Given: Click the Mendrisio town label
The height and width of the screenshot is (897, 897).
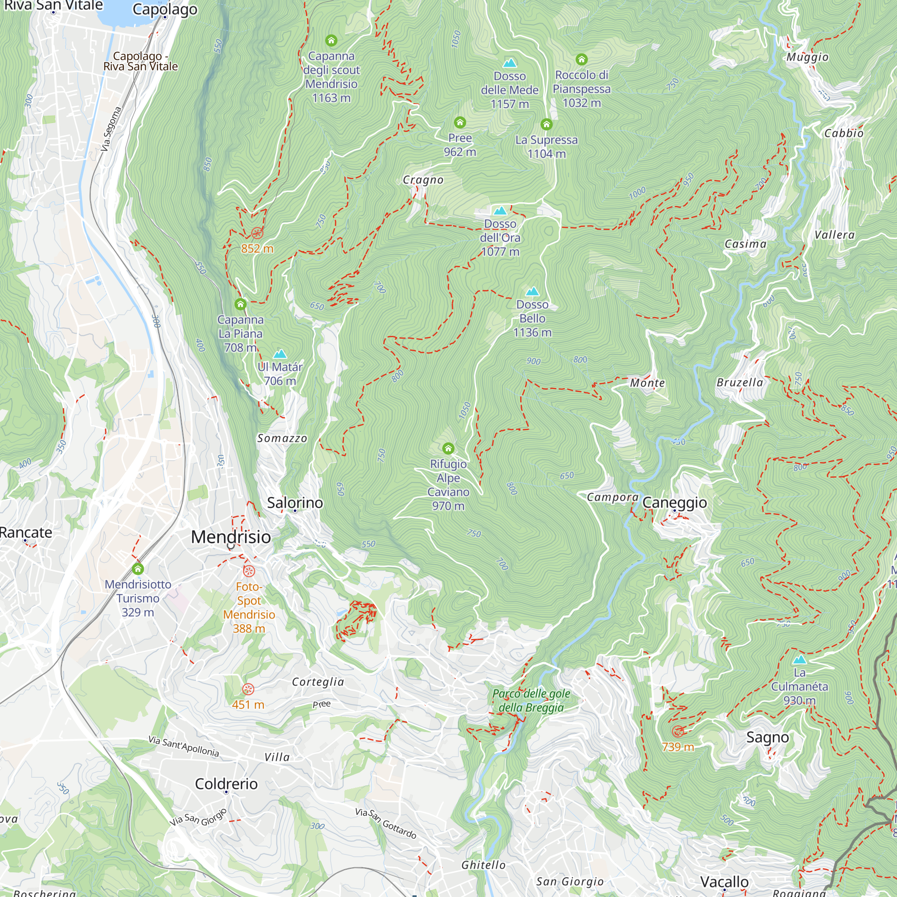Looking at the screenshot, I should tap(231, 537).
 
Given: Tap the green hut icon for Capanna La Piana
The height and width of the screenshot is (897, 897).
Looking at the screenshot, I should tap(240, 305).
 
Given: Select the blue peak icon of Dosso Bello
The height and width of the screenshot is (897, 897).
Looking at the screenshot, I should tap(532, 292).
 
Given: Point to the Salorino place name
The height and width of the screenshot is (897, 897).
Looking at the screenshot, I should tap(295, 503).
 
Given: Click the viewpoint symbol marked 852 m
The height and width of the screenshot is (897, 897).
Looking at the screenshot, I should tap(257, 233).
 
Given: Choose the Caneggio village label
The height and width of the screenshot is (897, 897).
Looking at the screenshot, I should tap(675, 503).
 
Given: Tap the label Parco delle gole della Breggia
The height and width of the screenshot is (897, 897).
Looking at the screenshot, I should tap(531, 701).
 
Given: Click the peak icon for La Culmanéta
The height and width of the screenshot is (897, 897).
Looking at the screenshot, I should tap(800, 660).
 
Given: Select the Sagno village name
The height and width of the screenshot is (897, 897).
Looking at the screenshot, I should tap(767, 737).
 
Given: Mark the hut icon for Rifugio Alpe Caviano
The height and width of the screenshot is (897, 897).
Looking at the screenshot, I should tap(448, 448).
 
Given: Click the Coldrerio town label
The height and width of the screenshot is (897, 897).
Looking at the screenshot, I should tap(226, 784).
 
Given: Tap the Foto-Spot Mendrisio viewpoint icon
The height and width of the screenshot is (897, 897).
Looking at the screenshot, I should tap(249, 571).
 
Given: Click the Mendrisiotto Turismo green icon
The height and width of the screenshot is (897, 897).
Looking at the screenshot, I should tap(137, 569).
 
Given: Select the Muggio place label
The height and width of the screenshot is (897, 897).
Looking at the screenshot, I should tap(807, 57).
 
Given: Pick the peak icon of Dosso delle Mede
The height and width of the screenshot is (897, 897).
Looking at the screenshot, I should tap(510, 63).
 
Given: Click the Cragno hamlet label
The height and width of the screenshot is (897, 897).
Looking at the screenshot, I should tap(423, 180).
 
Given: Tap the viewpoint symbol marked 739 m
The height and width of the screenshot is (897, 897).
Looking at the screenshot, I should tap(678, 732).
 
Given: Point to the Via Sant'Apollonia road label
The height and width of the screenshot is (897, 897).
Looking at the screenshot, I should tap(183, 746).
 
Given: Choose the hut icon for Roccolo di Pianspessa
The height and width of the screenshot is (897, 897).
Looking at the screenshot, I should tap(581, 60).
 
